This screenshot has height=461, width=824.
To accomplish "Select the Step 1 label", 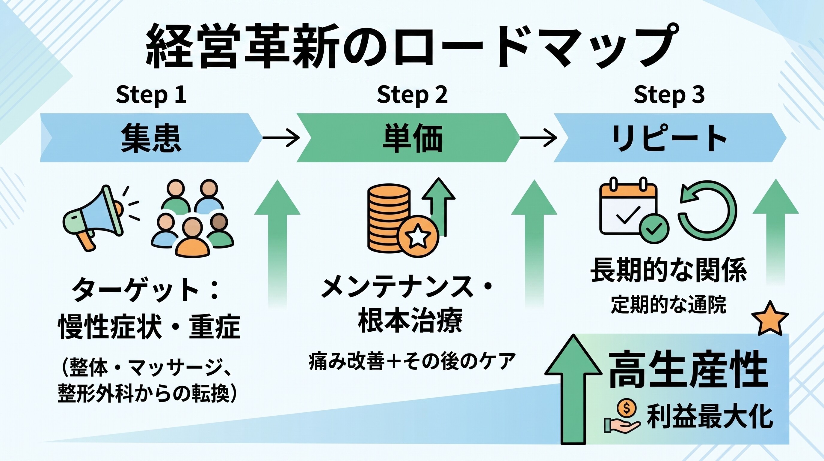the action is pyautogui.click(x=151, y=95).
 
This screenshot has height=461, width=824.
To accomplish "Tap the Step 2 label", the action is pyautogui.click(x=412, y=95).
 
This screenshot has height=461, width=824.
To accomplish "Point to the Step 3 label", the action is pyautogui.click(x=669, y=95).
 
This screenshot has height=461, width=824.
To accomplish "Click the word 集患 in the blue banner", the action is pyautogui.click(x=151, y=138).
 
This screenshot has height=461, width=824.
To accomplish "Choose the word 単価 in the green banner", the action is pyautogui.click(x=413, y=138).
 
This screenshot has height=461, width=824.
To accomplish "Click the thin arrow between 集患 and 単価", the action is pyautogui.click(x=281, y=138).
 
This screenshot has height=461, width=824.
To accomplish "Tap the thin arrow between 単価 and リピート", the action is pyautogui.click(x=538, y=138).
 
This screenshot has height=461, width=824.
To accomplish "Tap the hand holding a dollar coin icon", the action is pyautogui.click(x=622, y=416).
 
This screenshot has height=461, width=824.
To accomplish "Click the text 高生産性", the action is pyautogui.click(x=688, y=370).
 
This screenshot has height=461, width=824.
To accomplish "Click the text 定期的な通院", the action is pyautogui.click(x=668, y=304).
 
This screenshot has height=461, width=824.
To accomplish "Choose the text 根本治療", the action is pyautogui.click(x=410, y=320).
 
